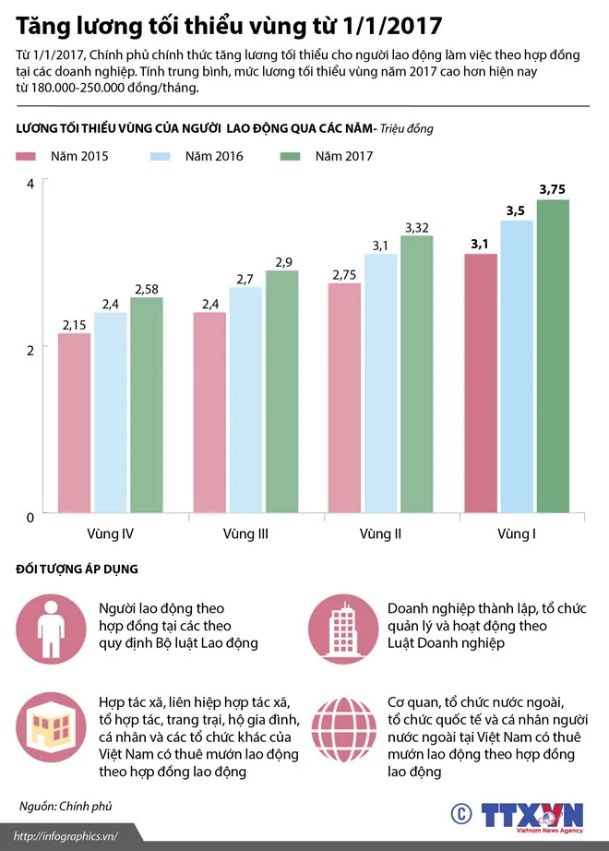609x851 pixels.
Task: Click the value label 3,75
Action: [x=553, y=189]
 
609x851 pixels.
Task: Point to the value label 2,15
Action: [x=75, y=324]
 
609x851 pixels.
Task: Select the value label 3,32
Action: [x=417, y=226]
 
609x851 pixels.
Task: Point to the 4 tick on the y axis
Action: [x=30, y=184]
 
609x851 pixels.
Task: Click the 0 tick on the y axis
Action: [x=30, y=515]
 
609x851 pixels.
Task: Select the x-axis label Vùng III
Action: [x=245, y=534]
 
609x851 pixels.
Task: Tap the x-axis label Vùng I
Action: [x=516, y=534]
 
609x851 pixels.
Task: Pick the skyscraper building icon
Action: [x=343, y=627]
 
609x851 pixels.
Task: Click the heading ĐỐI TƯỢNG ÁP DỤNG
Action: [x=77, y=569]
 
